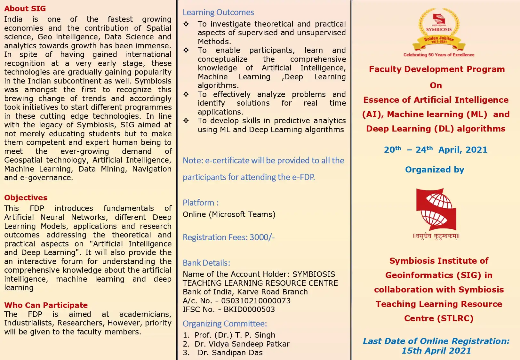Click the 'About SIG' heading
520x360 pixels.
tap(25, 9)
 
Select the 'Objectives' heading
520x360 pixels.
tap(26, 197)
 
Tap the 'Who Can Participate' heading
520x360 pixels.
tap(46, 305)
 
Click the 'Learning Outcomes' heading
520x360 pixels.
tap(218, 12)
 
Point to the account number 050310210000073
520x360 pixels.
tap(256, 301)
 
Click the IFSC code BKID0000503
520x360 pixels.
tap(249, 309)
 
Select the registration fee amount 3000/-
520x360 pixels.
tap(262, 237)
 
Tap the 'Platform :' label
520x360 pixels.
tap(201, 203)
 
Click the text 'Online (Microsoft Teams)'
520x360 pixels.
tap(229, 214)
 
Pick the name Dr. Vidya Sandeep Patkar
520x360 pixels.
tap(242, 344)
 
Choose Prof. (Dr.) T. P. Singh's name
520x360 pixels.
tap(235, 335)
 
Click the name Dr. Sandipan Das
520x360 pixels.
tap(230, 353)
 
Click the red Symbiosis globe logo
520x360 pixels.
tap(436, 209)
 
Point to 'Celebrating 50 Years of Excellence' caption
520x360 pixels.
tap(439, 55)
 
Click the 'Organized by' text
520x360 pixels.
tap(435, 170)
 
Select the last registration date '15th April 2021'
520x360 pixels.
tap(436, 351)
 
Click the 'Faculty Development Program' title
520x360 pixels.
tap(437, 69)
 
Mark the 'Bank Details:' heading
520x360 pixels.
tap(206, 263)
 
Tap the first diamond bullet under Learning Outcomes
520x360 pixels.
tap(186, 24)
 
